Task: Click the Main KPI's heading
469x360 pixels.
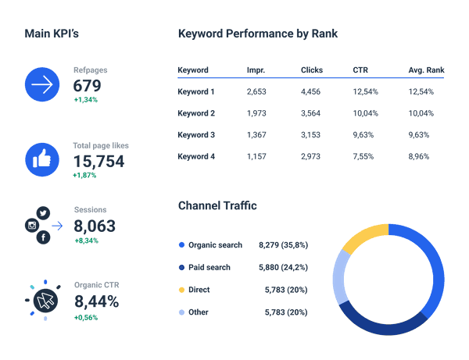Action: (x=52, y=34)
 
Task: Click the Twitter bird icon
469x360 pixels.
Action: (x=43, y=212)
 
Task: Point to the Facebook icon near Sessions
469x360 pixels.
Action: (x=43, y=237)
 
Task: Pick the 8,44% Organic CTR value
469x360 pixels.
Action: (x=96, y=301)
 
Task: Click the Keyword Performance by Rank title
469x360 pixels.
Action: (x=258, y=34)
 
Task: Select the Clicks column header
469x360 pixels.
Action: (x=311, y=70)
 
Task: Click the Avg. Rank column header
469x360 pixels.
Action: (x=425, y=70)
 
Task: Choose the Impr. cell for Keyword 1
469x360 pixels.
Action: (x=256, y=92)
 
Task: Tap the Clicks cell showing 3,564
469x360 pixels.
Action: (x=311, y=113)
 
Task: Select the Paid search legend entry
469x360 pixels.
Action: (x=209, y=267)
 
